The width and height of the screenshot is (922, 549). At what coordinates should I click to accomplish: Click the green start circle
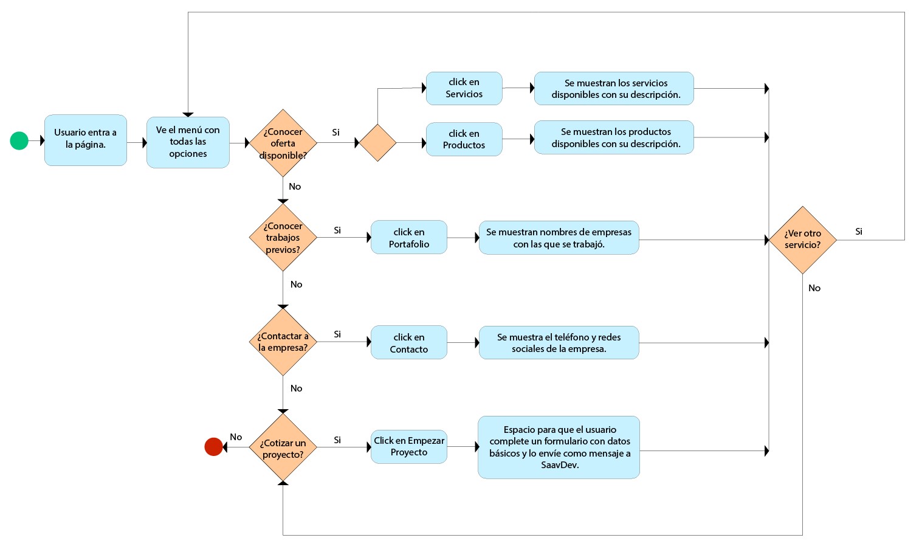(x=19, y=140)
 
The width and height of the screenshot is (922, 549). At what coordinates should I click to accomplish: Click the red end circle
(x=213, y=447)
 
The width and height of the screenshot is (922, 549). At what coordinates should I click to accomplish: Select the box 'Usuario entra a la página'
(x=86, y=140)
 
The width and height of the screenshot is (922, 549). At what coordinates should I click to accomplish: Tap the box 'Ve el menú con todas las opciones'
(x=188, y=142)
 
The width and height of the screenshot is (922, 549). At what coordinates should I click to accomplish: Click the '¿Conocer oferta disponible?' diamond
(x=283, y=143)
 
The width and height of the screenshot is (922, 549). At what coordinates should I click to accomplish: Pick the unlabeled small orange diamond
(x=377, y=143)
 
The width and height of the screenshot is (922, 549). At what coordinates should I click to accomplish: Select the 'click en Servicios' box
(x=464, y=88)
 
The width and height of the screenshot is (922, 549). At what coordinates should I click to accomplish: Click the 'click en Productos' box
(x=464, y=139)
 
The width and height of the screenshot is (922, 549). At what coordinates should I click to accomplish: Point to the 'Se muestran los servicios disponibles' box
(x=614, y=89)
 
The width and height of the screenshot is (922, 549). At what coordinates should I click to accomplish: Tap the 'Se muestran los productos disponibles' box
(x=614, y=137)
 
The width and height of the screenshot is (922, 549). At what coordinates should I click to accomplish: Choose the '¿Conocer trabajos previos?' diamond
(x=283, y=237)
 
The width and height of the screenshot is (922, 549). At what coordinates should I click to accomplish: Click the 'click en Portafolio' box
(x=408, y=238)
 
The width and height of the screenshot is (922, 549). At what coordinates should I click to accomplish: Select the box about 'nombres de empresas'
(x=559, y=238)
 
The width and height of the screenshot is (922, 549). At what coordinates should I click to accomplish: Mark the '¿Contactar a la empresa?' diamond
(x=283, y=342)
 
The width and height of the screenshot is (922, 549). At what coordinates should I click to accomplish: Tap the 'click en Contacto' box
(x=408, y=343)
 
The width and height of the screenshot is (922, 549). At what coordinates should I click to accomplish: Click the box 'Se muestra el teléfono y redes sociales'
(x=559, y=343)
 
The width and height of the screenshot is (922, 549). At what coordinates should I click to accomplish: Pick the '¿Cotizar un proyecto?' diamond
(x=283, y=448)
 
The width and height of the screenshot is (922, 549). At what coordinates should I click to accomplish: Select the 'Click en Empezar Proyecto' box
(x=408, y=446)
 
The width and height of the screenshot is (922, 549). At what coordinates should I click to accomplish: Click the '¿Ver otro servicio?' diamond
(x=802, y=240)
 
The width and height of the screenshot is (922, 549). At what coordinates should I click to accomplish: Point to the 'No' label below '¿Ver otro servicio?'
(x=814, y=288)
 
